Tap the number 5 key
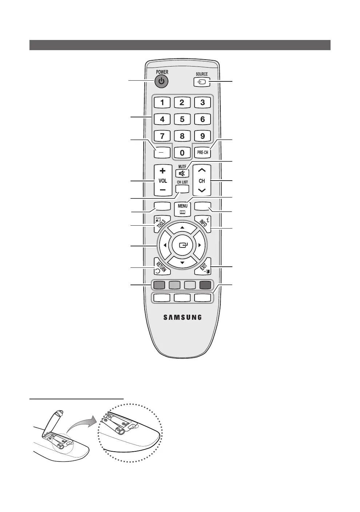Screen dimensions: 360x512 (182, 119)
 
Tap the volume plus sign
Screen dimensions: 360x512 (163, 171)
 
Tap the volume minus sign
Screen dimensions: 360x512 (163, 190)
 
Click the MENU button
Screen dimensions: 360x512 (183, 209)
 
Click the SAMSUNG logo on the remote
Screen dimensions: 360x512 (182, 317)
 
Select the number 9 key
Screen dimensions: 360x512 (203, 136)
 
